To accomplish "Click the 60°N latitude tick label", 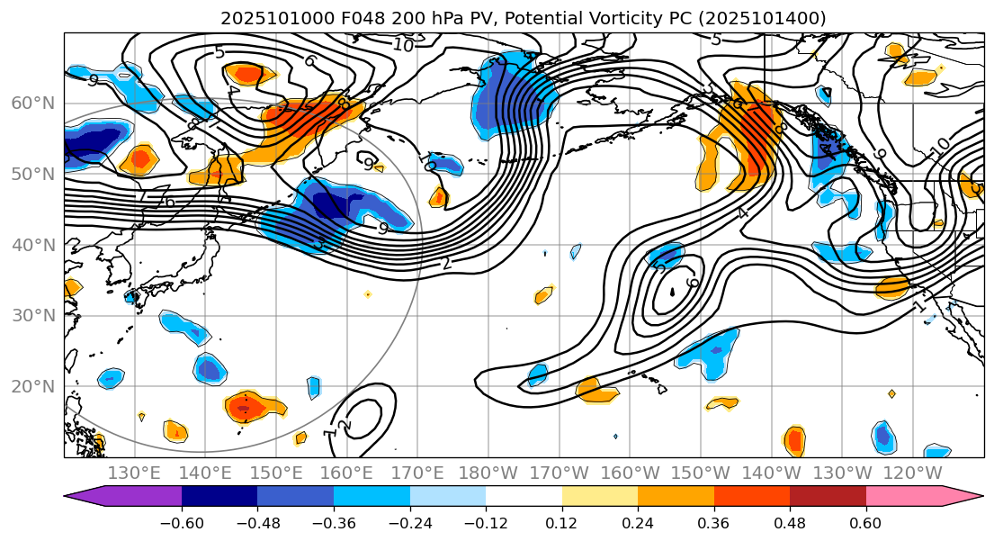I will [x=32, y=103].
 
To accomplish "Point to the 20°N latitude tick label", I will [x=32, y=387].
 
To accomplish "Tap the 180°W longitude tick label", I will [x=488, y=473].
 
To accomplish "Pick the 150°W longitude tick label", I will [x=700, y=473].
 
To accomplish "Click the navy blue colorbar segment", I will [x=219, y=496].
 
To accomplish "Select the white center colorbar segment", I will [x=524, y=496].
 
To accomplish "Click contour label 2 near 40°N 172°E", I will [x=446, y=264].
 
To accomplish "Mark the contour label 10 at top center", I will [x=402, y=45].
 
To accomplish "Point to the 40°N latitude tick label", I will [x=32, y=245].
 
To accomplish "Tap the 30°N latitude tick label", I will [x=32, y=316].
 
